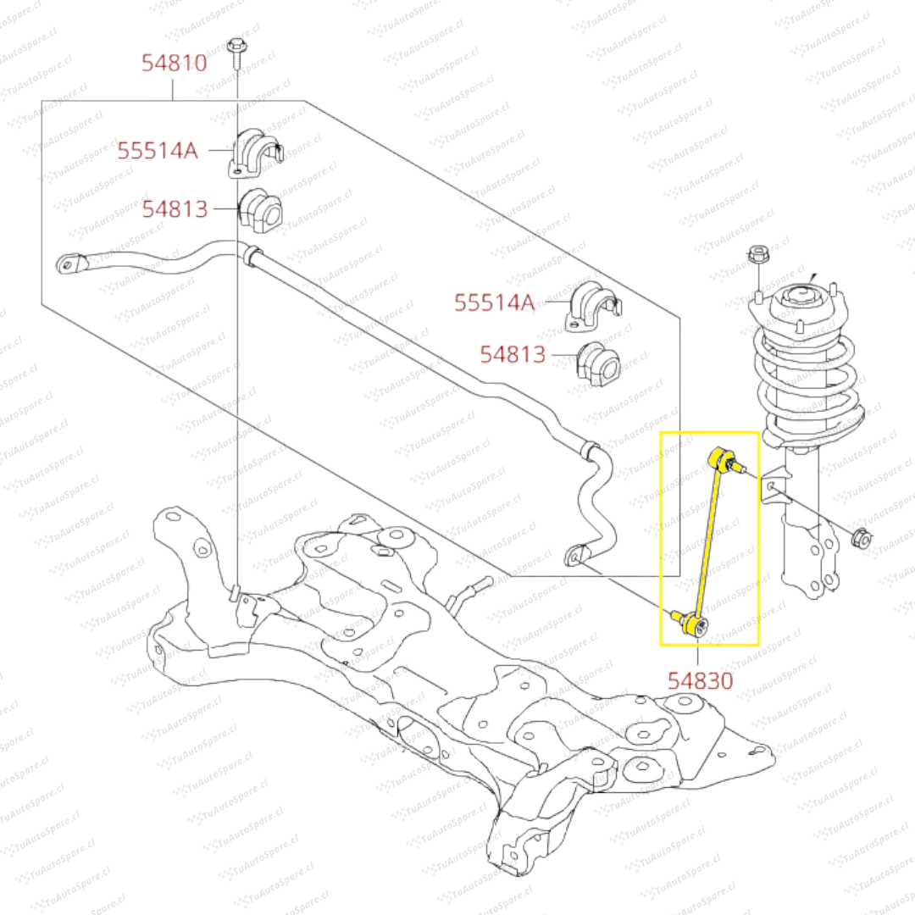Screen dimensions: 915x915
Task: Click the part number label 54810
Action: click(174, 63)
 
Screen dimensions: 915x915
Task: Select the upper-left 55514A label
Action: click(158, 151)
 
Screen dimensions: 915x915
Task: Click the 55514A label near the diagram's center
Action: click(495, 302)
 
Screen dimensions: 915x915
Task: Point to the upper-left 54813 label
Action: click(175, 208)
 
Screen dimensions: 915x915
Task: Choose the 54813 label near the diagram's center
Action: click(513, 354)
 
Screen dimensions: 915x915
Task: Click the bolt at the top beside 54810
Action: click(236, 52)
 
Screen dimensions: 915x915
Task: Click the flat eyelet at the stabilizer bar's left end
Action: click(69, 263)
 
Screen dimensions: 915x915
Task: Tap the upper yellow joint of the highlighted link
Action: click(722, 461)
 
